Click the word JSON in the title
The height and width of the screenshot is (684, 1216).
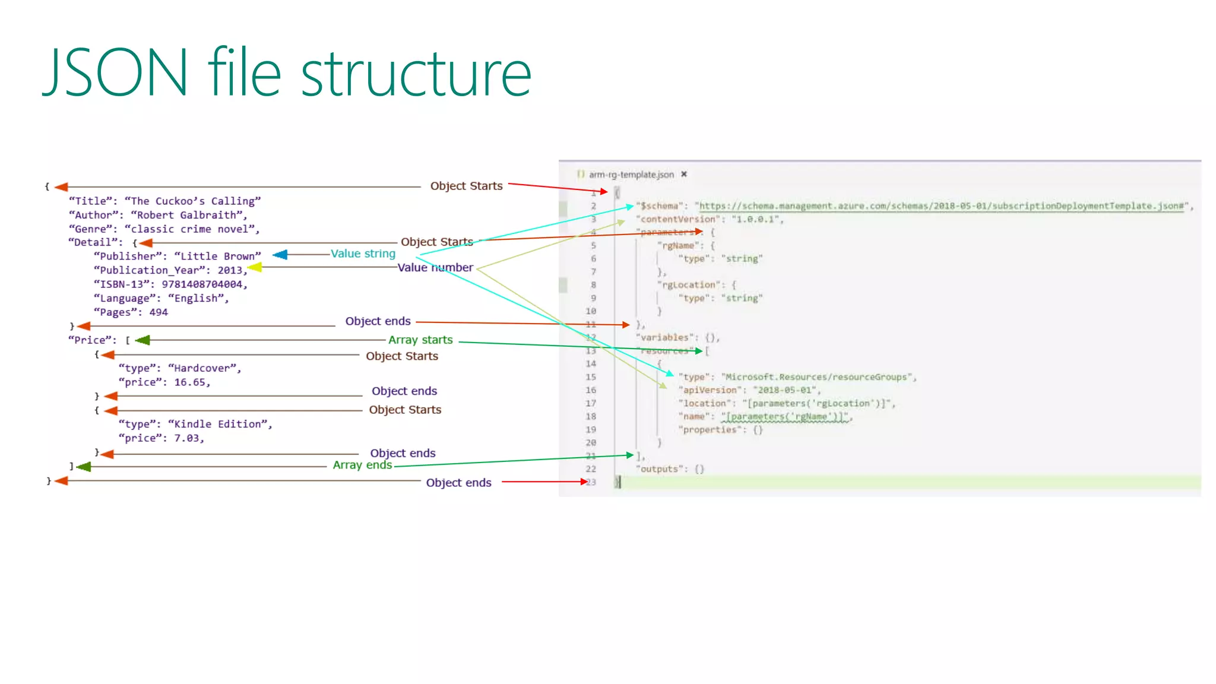(x=116, y=73)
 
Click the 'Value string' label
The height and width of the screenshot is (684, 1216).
(x=363, y=254)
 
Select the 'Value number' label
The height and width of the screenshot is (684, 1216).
(x=435, y=268)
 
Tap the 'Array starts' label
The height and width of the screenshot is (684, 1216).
(x=420, y=340)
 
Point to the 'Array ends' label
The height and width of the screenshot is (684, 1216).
(x=362, y=465)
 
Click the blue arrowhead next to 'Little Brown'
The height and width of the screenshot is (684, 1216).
(x=280, y=255)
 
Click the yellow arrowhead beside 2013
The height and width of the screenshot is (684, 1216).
(x=255, y=268)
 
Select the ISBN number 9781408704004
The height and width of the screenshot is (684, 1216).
(x=202, y=284)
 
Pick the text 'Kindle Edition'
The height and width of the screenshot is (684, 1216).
(x=220, y=424)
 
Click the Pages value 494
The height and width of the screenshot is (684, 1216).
(x=159, y=312)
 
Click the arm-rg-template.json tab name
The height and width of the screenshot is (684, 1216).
(x=631, y=175)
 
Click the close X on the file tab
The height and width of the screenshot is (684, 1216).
(x=684, y=174)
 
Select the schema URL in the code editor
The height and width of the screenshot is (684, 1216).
(x=942, y=206)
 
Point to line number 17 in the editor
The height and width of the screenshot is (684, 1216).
(x=591, y=403)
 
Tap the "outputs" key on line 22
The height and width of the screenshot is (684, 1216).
(x=659, y=469)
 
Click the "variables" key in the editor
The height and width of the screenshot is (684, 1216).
(x=664, y=337)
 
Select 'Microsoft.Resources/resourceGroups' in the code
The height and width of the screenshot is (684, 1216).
(x=817, y=377)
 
